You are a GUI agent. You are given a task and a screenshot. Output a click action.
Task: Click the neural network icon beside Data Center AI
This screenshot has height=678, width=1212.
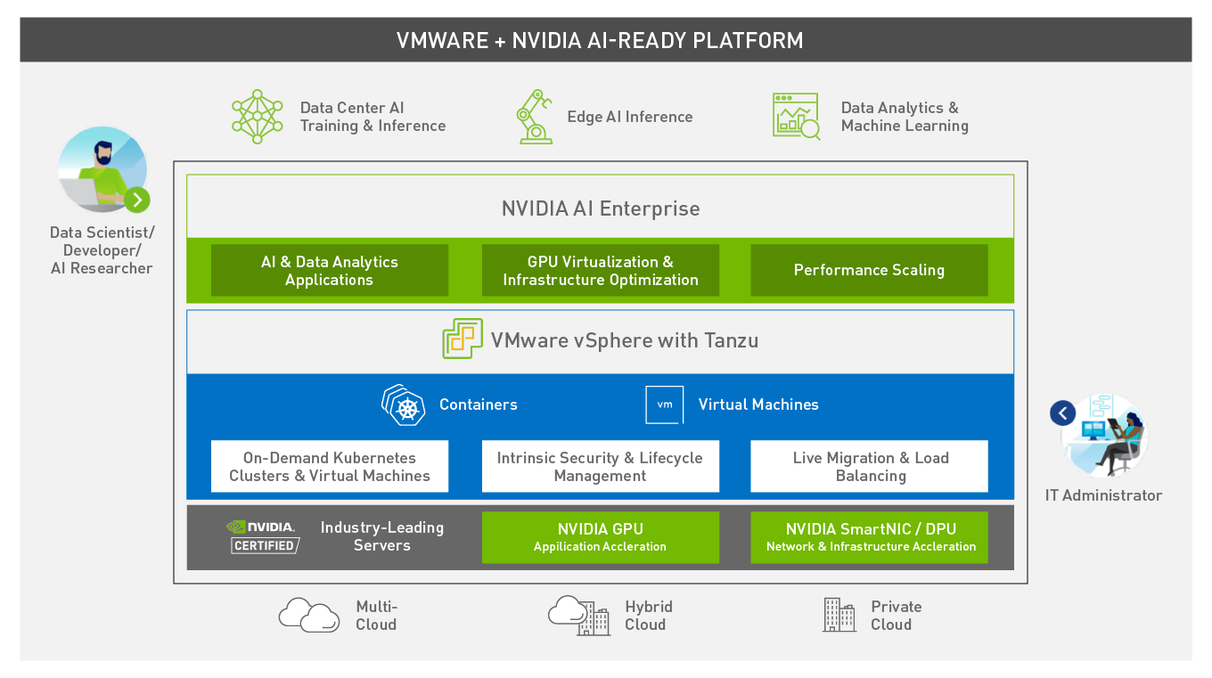coord(257,117)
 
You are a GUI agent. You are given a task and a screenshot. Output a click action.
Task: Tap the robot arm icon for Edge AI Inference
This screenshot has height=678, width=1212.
coord(534,117)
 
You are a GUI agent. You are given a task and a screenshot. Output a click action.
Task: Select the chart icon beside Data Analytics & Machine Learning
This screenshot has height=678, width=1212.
coord(796,117)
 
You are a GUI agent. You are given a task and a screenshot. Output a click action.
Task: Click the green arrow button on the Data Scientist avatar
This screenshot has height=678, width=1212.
coord(137,200)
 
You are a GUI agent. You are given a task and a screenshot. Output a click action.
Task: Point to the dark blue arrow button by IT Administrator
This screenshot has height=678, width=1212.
coord(1062,413)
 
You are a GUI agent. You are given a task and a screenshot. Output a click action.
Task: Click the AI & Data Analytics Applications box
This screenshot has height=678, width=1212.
coord(330,270)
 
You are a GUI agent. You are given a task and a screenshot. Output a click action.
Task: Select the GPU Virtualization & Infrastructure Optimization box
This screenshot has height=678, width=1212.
coord(601,270)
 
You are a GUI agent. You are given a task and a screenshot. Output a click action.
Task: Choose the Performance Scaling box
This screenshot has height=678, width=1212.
coord(869,270)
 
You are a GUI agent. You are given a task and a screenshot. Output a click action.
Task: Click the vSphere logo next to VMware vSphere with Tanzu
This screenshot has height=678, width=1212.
coord(462,339)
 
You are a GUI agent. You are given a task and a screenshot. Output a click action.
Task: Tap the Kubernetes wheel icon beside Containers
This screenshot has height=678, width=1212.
coord(404,405)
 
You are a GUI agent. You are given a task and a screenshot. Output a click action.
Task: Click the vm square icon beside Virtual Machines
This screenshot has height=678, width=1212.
coord(665,404)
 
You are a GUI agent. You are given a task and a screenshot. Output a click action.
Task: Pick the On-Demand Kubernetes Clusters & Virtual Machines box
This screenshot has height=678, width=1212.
coord(330,467)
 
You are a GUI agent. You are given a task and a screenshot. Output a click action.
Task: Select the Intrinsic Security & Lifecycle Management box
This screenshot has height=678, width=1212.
coord(601,467)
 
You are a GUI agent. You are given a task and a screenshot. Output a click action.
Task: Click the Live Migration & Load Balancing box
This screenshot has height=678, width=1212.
coord(869,467)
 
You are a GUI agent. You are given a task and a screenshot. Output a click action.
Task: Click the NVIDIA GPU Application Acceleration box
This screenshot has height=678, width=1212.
coord(601,537)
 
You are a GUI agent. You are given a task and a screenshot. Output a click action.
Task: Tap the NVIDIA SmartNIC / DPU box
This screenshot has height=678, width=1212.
coord(869,537)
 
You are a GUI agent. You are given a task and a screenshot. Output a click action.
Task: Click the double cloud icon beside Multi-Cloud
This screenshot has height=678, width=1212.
coord(309,616)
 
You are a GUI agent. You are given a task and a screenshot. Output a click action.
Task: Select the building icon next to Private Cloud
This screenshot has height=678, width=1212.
coord(839,615)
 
